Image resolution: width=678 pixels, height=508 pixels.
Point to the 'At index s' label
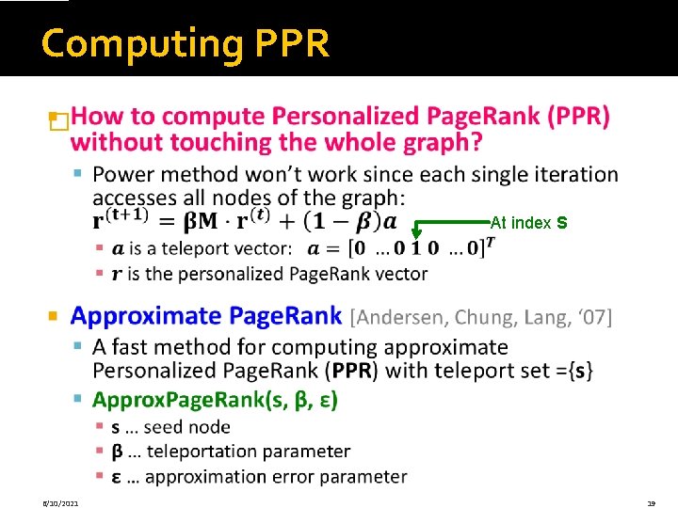tap(528, 224)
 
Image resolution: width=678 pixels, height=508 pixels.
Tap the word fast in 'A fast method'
tap(142, 348)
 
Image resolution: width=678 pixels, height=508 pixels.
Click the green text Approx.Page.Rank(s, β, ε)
tap(215, 400)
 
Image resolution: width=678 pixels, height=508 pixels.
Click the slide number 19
tap(651, 503)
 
